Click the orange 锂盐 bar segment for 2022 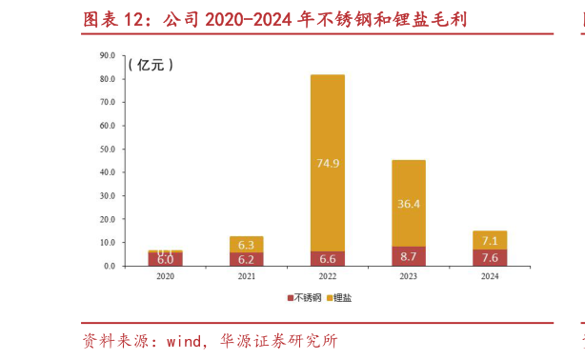(327, 133)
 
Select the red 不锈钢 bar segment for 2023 (409, 255)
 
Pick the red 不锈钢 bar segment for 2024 (490, 257)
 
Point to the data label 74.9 (327, 163)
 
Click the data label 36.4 (409, 204)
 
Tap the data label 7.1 (490, 240)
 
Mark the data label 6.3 (246, 244)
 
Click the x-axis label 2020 (165, 278)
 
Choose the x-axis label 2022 (327, 278)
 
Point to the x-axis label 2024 (490, 278)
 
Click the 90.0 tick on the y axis (107, 55)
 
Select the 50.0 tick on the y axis (107, 150)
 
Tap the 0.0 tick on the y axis (109, 266)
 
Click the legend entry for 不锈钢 (306, 298)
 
